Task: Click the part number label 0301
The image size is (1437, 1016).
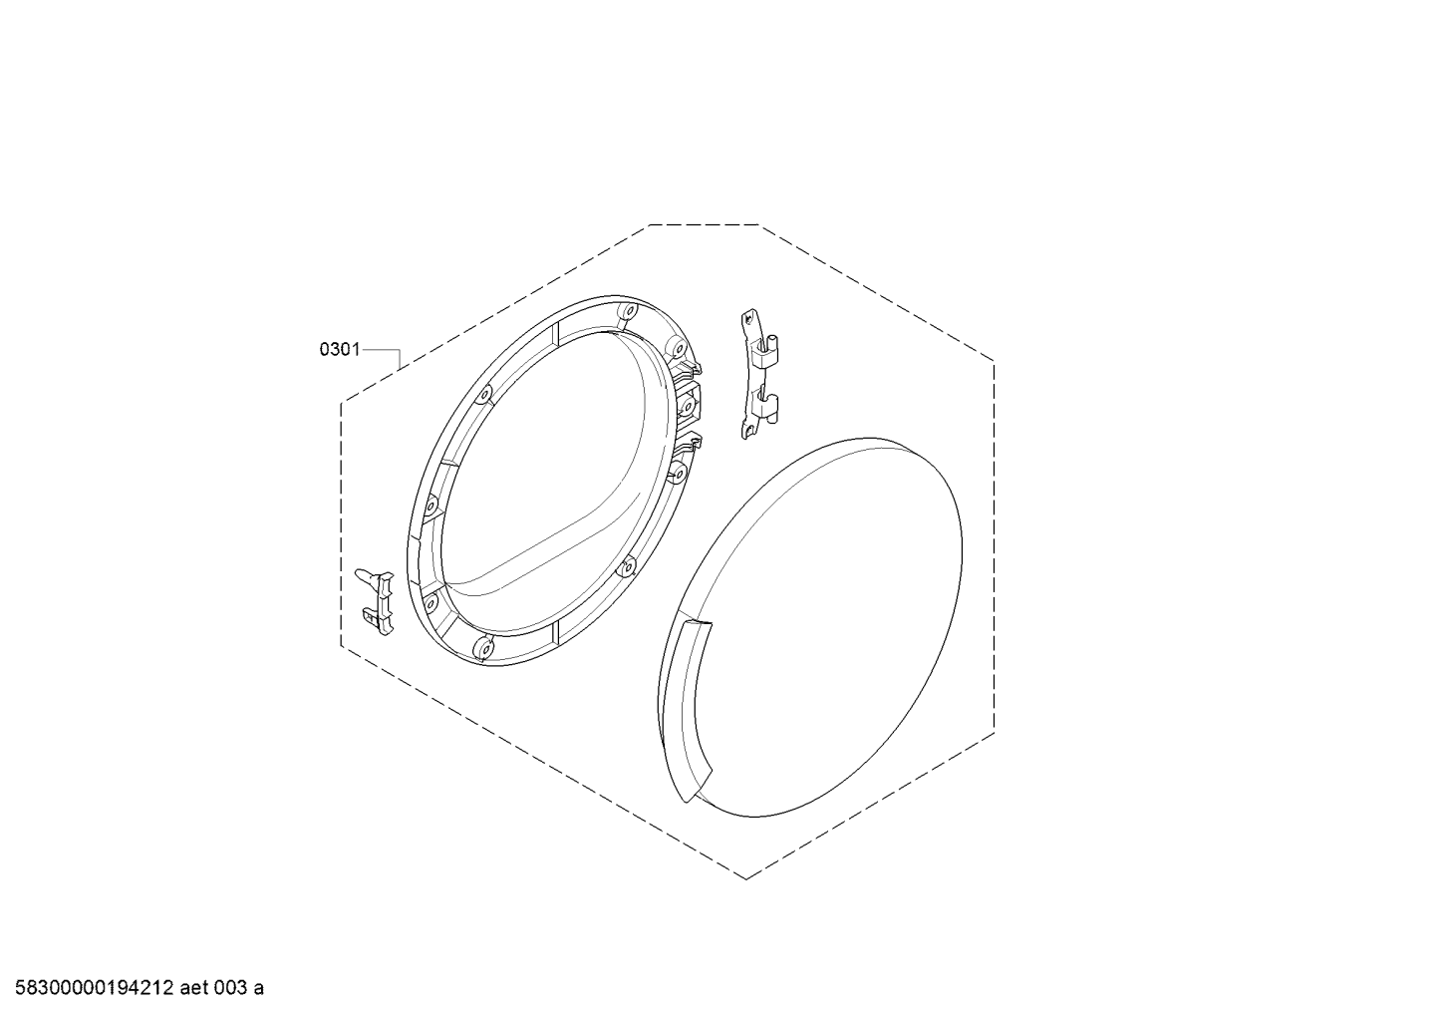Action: pyautogui.click(x=340, y=350)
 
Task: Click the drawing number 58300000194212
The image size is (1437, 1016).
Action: pyautogui.click(x=95, y=988)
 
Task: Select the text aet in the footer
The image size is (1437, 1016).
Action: pyautogui.click(x=194, y=988)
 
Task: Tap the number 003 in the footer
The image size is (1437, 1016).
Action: pyautogui.click(x=231, y=988)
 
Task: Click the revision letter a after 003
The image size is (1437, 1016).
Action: pyautogui.click(x=258, y=989)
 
